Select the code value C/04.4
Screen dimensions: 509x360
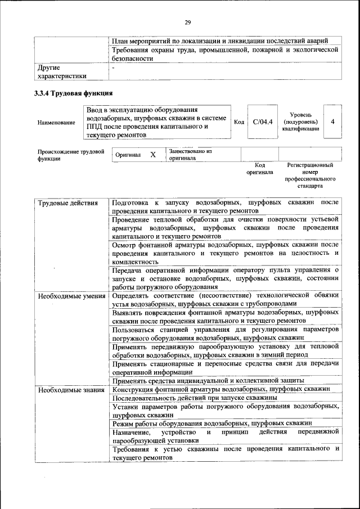click(x=262, y=121)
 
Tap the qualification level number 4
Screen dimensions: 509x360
click(x=333, y=121)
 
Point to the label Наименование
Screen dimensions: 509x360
click(x=56, y=122)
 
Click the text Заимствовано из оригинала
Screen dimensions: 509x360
click(x=190, y=155)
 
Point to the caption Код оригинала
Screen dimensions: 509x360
click(x=259, y=169)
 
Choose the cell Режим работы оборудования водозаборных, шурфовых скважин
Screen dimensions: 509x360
click(x=212, y=422)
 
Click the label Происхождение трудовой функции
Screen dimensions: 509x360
click(x=71, y=155)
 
